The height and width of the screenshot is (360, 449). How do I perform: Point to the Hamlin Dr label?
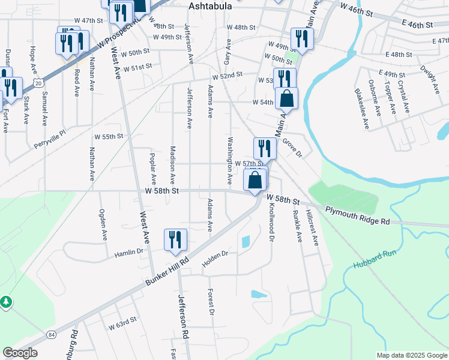(129, 254)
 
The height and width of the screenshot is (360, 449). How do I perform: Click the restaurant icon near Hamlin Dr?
(175, 239)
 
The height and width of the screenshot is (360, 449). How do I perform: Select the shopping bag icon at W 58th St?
(255, 179)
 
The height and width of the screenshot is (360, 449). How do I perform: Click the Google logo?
(20, 352)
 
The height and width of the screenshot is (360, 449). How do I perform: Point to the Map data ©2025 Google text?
(411, 355)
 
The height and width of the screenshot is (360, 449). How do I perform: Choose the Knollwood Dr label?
(271, 221)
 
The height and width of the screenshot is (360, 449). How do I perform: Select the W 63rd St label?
(123, 325)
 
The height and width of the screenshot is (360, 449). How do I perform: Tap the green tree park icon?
(5, 301)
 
